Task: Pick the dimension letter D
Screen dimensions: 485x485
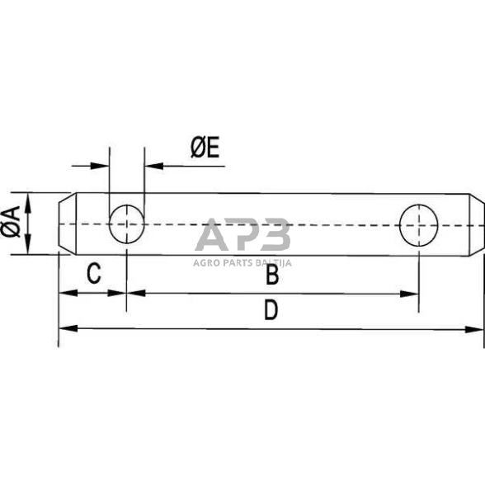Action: click(270, 311)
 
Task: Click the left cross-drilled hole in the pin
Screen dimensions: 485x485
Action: click(126, 224)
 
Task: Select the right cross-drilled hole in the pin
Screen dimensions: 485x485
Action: click(417, 224)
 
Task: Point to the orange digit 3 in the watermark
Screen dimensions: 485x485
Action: click(275, 237)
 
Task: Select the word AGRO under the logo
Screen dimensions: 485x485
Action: click(209, 264)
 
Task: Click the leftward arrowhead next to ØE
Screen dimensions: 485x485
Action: click(153, 165)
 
